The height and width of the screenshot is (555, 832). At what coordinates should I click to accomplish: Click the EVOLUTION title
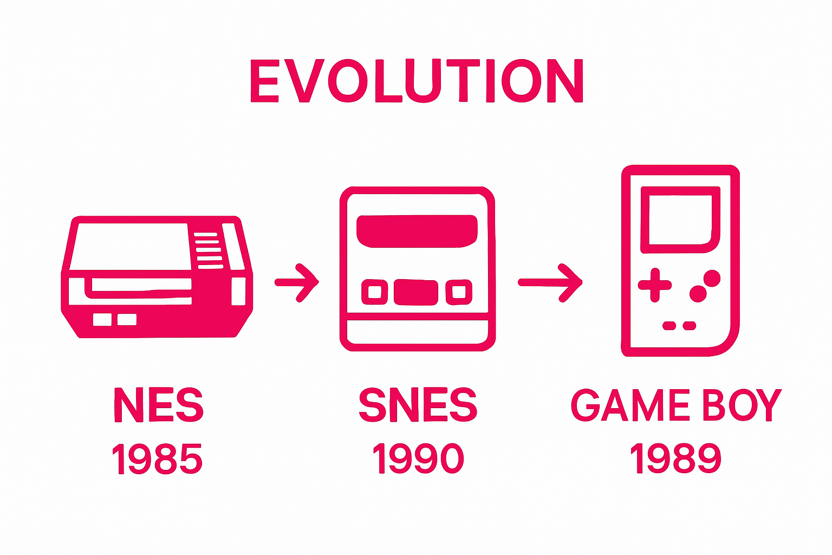click(417, 81)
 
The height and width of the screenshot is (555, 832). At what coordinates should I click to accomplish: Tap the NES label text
click(159, 405)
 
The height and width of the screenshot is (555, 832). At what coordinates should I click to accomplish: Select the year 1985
click(157, 459)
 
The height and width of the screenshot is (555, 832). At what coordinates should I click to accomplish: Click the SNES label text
click(418, 405)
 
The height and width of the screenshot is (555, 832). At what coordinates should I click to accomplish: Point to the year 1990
click(418, 459)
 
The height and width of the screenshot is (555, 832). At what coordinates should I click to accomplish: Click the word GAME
click(630, 405)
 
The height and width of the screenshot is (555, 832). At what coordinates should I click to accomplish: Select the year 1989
click(675, 459)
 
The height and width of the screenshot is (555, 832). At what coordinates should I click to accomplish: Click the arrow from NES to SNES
click(297, 283)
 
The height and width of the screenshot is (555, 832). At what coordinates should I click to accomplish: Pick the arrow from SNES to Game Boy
click(550, 283)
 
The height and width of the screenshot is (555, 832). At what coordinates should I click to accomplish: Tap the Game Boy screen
click(680, 220)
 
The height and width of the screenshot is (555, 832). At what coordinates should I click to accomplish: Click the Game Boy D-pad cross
click(655, 285)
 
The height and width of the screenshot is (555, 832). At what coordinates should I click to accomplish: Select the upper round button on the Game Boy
click(712, 279)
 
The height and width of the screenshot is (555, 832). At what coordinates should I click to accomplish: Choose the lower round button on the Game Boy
click(698, 294)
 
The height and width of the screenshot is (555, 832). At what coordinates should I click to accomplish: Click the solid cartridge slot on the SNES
click(417, 231)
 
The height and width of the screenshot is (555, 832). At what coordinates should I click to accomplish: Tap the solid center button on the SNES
click(416, 293)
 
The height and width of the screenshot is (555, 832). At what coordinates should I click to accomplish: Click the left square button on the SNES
click(375, 292)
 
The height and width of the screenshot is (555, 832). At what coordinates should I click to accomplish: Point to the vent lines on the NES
click(209, 250)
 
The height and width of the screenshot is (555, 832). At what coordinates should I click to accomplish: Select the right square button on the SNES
click(459, 292)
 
